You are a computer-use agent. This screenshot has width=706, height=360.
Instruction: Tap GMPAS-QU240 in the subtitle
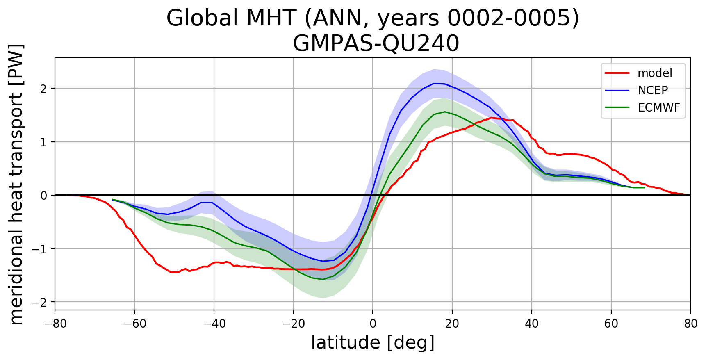pyautogui.click(x=376, y=43)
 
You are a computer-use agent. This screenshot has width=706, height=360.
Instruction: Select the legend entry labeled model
pyautogui.click(x=655, y=73)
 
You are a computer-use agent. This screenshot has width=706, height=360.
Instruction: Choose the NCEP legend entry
pyautogui.click(x=653, y=90)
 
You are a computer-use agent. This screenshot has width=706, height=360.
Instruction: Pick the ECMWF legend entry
pyautogui.click(x=659, y=107)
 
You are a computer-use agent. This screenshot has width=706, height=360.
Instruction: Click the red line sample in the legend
pyautogui.click(x=617, y=73)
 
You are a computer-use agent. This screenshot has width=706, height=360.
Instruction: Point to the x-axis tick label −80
pyautogui.click(x=55, y=324)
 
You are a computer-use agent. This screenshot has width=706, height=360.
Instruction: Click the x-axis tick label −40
pyautogui.click(x=214, y=324)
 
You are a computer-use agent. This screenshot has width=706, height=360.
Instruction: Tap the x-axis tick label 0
pyautogui.click(x=373, y=324)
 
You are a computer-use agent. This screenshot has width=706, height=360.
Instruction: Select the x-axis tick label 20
pyautogui.click(x=452, y=324)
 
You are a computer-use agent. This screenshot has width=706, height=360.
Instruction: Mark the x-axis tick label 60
pyautogui.click(x=611, y=324)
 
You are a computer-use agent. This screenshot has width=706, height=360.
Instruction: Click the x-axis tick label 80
pyautogui.click(x=690, y=324)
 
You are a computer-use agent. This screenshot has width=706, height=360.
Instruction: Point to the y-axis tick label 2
pyautogui.click(x=43, y=89)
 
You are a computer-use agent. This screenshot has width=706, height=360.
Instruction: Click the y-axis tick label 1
pyautogui.click(x=43, y=142)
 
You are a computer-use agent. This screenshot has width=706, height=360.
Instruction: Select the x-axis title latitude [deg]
pyautogui.click(x=373, y=343)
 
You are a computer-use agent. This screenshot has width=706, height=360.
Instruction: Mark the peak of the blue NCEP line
pyautogui.click(x=434, y=83)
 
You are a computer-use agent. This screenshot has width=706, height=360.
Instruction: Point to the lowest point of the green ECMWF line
pyautogui.click(x=323, y=279)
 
